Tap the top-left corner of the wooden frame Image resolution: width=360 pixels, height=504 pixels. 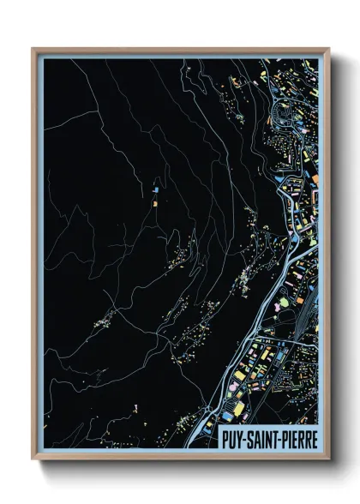(33, 49)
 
